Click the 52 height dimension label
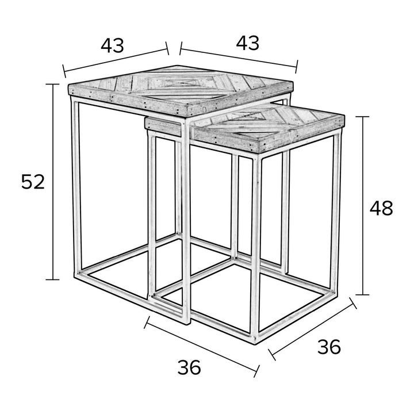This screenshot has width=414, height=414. [33, 182]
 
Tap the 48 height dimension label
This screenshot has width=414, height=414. [381, 208]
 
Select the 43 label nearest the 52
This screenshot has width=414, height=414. [112, 45]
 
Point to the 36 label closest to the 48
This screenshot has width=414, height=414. [329, 347]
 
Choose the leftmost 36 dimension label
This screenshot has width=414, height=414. [189, 367]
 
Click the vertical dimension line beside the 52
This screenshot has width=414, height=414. [53, 182]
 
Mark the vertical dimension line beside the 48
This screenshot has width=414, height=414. [362, 205]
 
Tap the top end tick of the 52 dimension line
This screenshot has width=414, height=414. [53, 84]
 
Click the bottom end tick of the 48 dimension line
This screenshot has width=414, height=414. [362, 294]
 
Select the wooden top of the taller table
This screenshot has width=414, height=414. [181, 91]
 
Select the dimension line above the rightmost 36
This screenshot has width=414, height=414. [312, 329]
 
